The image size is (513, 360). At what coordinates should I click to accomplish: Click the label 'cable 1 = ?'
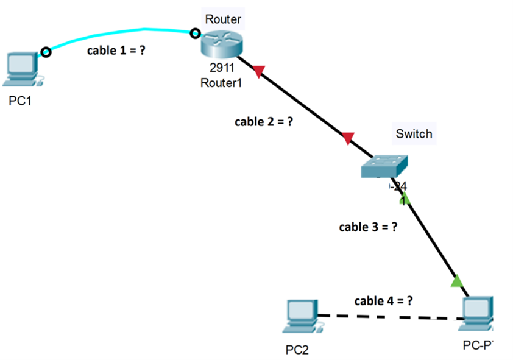[x=116, y=51]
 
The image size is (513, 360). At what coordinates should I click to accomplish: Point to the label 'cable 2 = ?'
[x=264, y=121]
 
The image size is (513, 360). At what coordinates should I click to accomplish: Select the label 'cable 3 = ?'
[x=368, y=227]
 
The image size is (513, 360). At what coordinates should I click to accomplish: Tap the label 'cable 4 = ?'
[x=384, y=300]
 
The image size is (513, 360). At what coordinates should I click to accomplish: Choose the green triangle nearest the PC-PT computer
[x=456, y=281]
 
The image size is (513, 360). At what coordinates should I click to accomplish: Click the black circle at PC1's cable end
[x=45, y=52]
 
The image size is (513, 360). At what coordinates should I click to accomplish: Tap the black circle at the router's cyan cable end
[x=195, y=33]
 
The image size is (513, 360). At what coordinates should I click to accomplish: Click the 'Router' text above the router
[x=223, y=19]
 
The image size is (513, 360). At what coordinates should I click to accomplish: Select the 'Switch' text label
[x=414, y=133]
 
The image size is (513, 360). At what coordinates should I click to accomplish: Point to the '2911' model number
[x=221, y=68]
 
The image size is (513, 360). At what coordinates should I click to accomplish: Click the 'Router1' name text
[x=221, y=83]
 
